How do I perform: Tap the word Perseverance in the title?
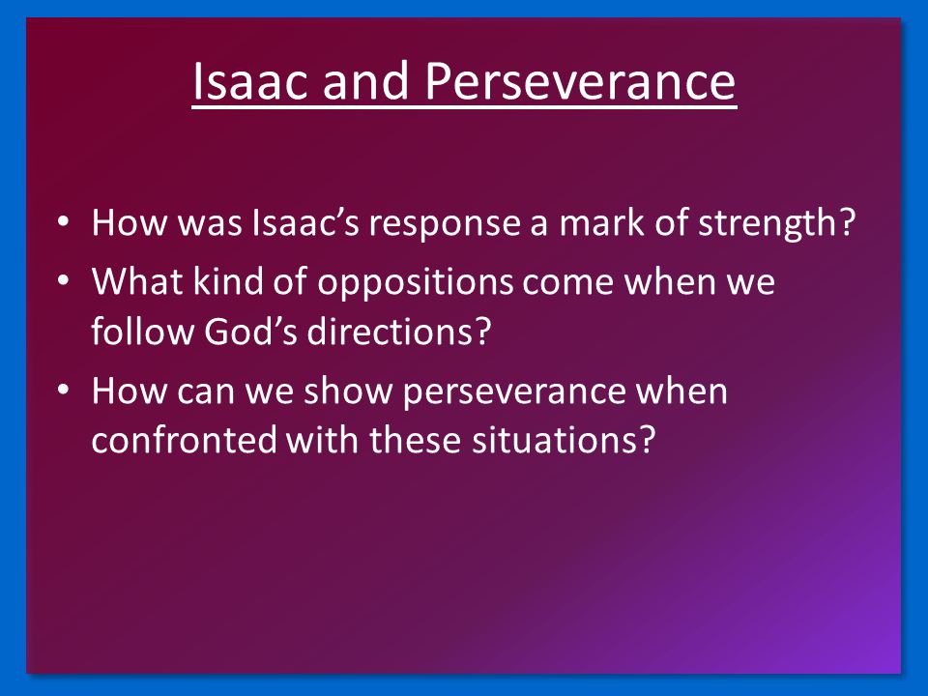(580, 80)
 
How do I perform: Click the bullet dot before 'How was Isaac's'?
(64, 223)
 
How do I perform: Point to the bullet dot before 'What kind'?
(64, 281)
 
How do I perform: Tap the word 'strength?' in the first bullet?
(776, 222)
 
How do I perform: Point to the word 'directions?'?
(399, 332)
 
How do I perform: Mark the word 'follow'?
(142, 331)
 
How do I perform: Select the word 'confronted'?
(184, 441)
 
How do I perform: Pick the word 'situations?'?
(564, 441)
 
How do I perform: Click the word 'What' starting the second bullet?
(137, 280)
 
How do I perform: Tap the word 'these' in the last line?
(415, 441)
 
